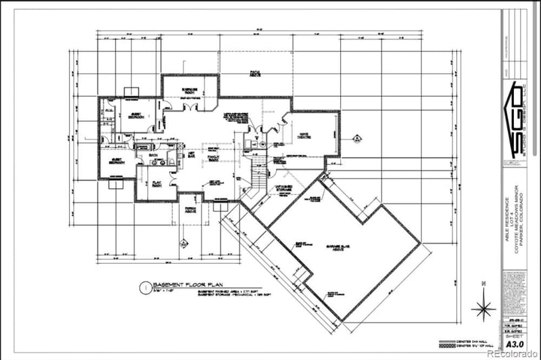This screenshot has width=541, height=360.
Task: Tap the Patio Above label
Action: point(255,74)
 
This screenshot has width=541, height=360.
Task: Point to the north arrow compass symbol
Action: point(483,308)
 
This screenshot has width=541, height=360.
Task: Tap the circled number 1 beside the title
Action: point(143,286)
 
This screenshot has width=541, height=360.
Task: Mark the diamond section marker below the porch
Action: point(183,242)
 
